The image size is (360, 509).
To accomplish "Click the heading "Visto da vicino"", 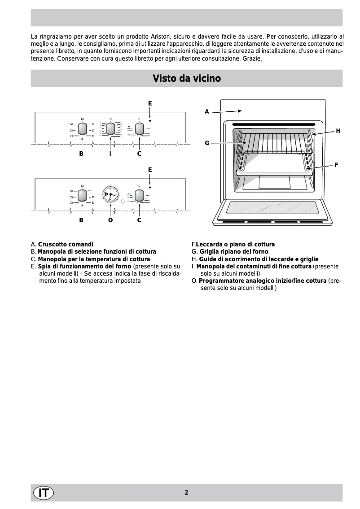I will [x=187, y=79].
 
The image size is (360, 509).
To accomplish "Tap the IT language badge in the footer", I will [x=43, y=492].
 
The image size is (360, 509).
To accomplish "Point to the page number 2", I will [x=186, y=492].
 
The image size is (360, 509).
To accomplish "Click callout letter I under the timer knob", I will [x=110, y=154].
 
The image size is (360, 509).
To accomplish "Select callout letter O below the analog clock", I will [x=110, y=220].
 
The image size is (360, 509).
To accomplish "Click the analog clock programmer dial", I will [x=110, y=196].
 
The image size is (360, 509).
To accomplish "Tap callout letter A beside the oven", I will [x=207, y=111].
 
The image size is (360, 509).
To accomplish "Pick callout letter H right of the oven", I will [x=338, y=131].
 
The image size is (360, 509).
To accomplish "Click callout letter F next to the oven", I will [x=336, y=165].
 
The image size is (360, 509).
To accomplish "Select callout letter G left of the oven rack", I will [x=207, y=143].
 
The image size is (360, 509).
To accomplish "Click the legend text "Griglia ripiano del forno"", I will [x=233, y=252].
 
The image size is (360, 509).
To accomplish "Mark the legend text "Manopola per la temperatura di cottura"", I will [x=94, y=259].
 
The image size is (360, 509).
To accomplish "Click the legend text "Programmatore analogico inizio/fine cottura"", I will [x=263, y=281].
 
